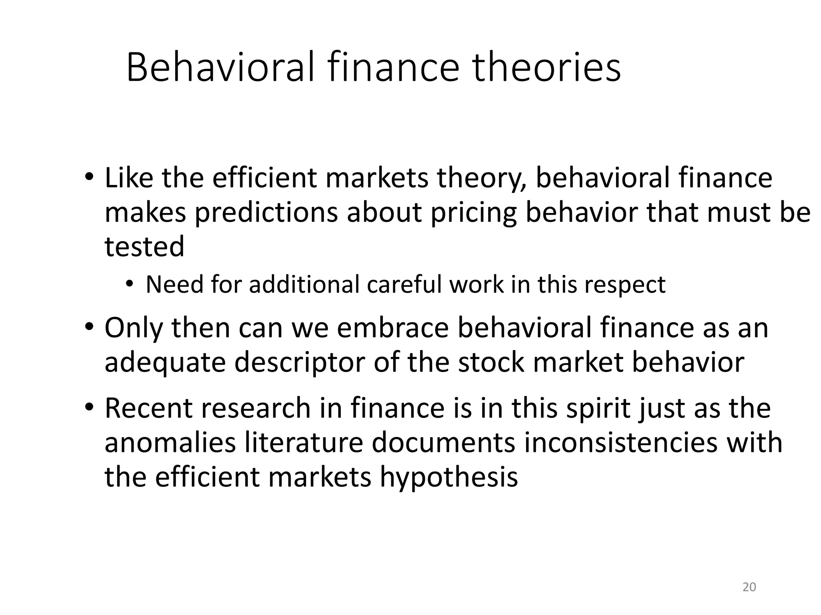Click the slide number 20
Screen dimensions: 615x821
(x=749, y=587)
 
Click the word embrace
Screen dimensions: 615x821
(x=392, y=328)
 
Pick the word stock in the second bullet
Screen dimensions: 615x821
(x=491, y=362)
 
